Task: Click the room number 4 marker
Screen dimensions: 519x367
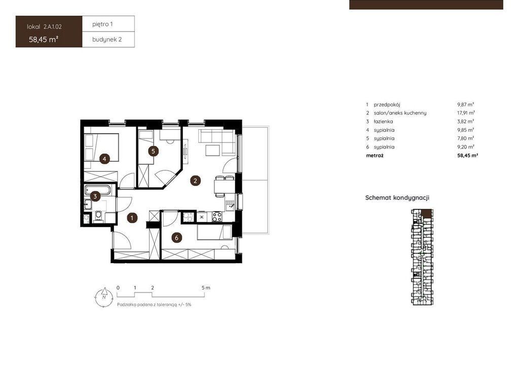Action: [104, 159]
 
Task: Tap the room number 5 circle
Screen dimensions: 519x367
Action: [153, 152]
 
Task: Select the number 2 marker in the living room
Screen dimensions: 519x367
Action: [195, 180]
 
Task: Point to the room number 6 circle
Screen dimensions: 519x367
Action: [177, 238]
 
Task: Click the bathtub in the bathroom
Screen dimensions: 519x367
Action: [98, 190]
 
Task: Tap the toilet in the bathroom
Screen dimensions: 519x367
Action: [98, 216]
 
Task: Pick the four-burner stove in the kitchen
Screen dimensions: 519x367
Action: [217, 217]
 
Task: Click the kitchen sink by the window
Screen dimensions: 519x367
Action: [230, 205]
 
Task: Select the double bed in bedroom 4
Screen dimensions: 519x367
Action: [101, 148]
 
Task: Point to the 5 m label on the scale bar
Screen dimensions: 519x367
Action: [206, 288]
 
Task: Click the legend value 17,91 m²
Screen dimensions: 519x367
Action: [466, 113]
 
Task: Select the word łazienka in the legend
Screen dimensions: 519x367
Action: [383, 122]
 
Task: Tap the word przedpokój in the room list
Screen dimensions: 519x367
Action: [387, 104]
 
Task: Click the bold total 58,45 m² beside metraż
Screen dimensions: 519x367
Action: [468, 155]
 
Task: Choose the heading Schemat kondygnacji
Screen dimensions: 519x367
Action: [397, 198]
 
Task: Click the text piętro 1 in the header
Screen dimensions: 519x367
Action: [102, 24]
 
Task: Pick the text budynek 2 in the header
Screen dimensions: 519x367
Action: [107, 40]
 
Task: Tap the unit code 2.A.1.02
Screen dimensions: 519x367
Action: [53, 27]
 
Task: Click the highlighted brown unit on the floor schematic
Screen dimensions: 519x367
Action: [427, 214]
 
